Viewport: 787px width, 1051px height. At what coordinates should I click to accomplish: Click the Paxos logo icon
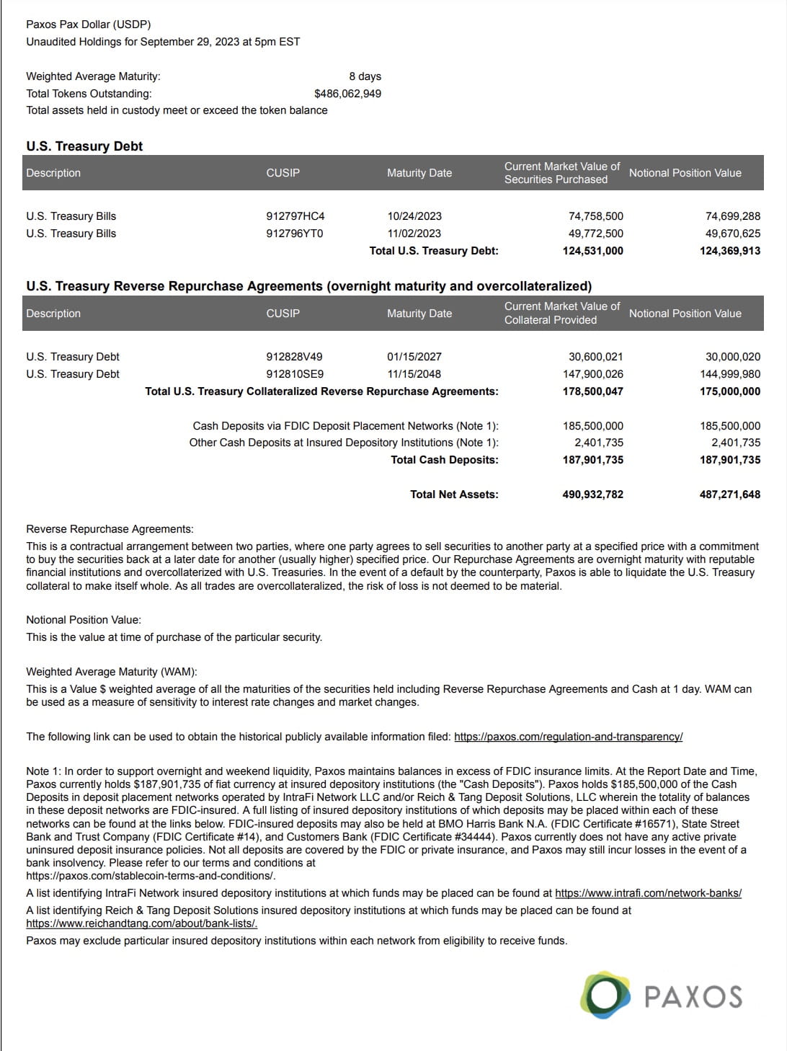pos(605,995)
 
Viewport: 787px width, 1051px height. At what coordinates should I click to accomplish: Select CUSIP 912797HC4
pos(295,216)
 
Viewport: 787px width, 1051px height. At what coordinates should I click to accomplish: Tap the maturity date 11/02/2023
pos(414,234)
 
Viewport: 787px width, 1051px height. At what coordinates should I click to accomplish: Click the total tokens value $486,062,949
pos(347,94)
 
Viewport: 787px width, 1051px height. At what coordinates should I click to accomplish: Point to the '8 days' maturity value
pos(365,76)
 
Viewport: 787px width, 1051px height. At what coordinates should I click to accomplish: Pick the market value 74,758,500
pos(595,216)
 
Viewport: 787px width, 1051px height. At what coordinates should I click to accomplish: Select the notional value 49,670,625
pos(732,234)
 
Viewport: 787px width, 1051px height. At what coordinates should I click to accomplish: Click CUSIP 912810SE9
pos(294,374)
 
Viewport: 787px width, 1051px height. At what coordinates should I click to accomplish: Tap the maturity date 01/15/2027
pos(414,357)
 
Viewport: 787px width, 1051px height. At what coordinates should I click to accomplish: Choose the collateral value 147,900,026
pos(592,374)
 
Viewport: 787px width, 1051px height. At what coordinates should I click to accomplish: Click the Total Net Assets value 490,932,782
pos(592,495)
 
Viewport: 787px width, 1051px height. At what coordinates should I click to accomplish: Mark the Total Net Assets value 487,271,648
pos(729,495)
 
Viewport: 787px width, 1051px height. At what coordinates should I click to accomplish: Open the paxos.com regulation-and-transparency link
pos(568,737)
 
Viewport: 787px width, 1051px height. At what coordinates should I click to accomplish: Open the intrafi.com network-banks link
pos(648,893)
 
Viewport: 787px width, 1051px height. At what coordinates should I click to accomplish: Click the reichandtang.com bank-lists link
pos(141,923)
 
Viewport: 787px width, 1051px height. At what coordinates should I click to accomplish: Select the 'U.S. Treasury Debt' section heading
pos(84,146)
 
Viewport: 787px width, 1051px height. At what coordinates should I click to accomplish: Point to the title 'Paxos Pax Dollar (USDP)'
pos(88,25)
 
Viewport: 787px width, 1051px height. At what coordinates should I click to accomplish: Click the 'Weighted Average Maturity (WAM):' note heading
pos(112,672)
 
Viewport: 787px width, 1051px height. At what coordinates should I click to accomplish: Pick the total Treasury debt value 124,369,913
pos(729,251)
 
